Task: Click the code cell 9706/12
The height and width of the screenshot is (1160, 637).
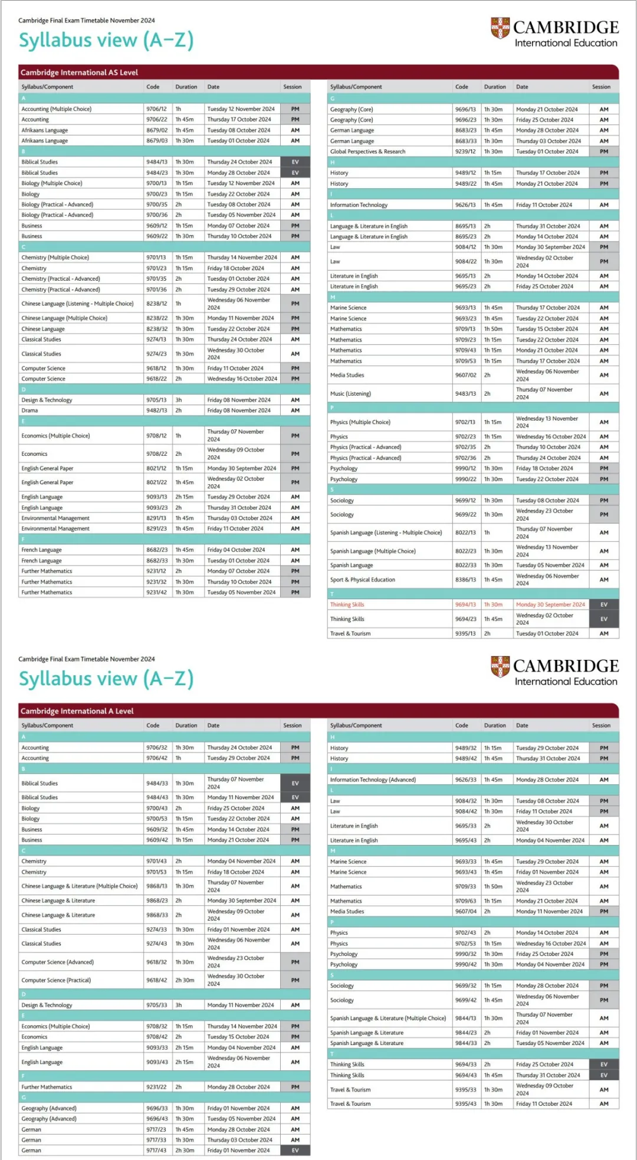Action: coord(156,109)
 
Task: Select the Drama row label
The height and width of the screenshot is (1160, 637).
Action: coord(29,410)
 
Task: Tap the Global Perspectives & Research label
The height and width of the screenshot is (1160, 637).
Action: coord(367,152)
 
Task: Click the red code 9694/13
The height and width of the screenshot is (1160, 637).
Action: coord(465,604)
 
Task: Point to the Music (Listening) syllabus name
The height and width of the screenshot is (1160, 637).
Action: coord(350,393)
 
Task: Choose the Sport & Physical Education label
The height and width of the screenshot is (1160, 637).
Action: coord(362,580)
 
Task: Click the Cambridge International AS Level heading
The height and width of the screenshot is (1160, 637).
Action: coord(79,73)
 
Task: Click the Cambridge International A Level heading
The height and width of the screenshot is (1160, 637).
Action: coord(77,711)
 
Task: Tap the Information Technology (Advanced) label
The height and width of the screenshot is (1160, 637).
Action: coord(373,780)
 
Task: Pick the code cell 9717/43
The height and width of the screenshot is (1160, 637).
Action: coord(156,1151)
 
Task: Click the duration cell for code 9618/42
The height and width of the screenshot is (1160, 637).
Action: coord(185,980)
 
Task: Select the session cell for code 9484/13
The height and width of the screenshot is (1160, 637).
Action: coord(295,162)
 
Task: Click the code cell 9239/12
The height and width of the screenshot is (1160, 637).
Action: coord(465,152)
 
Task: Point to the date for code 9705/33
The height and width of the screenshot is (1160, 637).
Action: coord(240,1005)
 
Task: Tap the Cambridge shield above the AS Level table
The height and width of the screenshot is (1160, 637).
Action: coord(500,28)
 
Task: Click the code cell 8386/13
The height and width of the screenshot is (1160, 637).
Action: coord(465,580)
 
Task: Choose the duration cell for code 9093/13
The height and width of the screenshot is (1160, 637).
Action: coord(185,497)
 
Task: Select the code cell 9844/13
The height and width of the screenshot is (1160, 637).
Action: coord(465,1018)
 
